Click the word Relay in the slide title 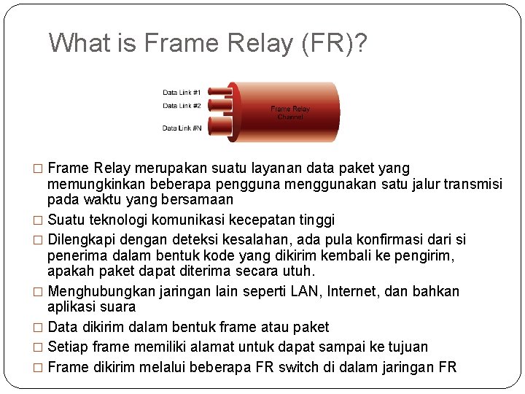249,44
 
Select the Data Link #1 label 182,93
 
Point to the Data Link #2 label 182,106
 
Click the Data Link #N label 182,128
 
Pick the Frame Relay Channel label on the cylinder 290,113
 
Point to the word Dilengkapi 81,240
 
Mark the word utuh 300,271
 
